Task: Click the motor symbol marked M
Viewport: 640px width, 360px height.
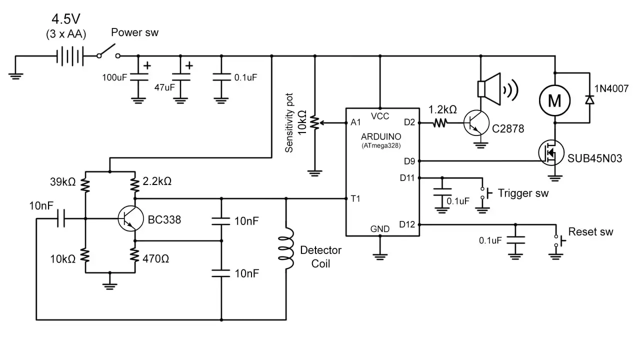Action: coord(554,100)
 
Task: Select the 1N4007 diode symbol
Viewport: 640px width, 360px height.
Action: coord(590,100)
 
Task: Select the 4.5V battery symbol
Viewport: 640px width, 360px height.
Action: coord(69,56)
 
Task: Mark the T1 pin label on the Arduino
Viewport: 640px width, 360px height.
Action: coord(355,198)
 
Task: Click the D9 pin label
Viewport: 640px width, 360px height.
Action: coord(409,161)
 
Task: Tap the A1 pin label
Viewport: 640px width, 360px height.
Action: coord(355,122)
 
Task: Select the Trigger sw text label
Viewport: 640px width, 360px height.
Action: coord(523,193)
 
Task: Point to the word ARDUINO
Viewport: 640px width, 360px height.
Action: coord(380,136)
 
